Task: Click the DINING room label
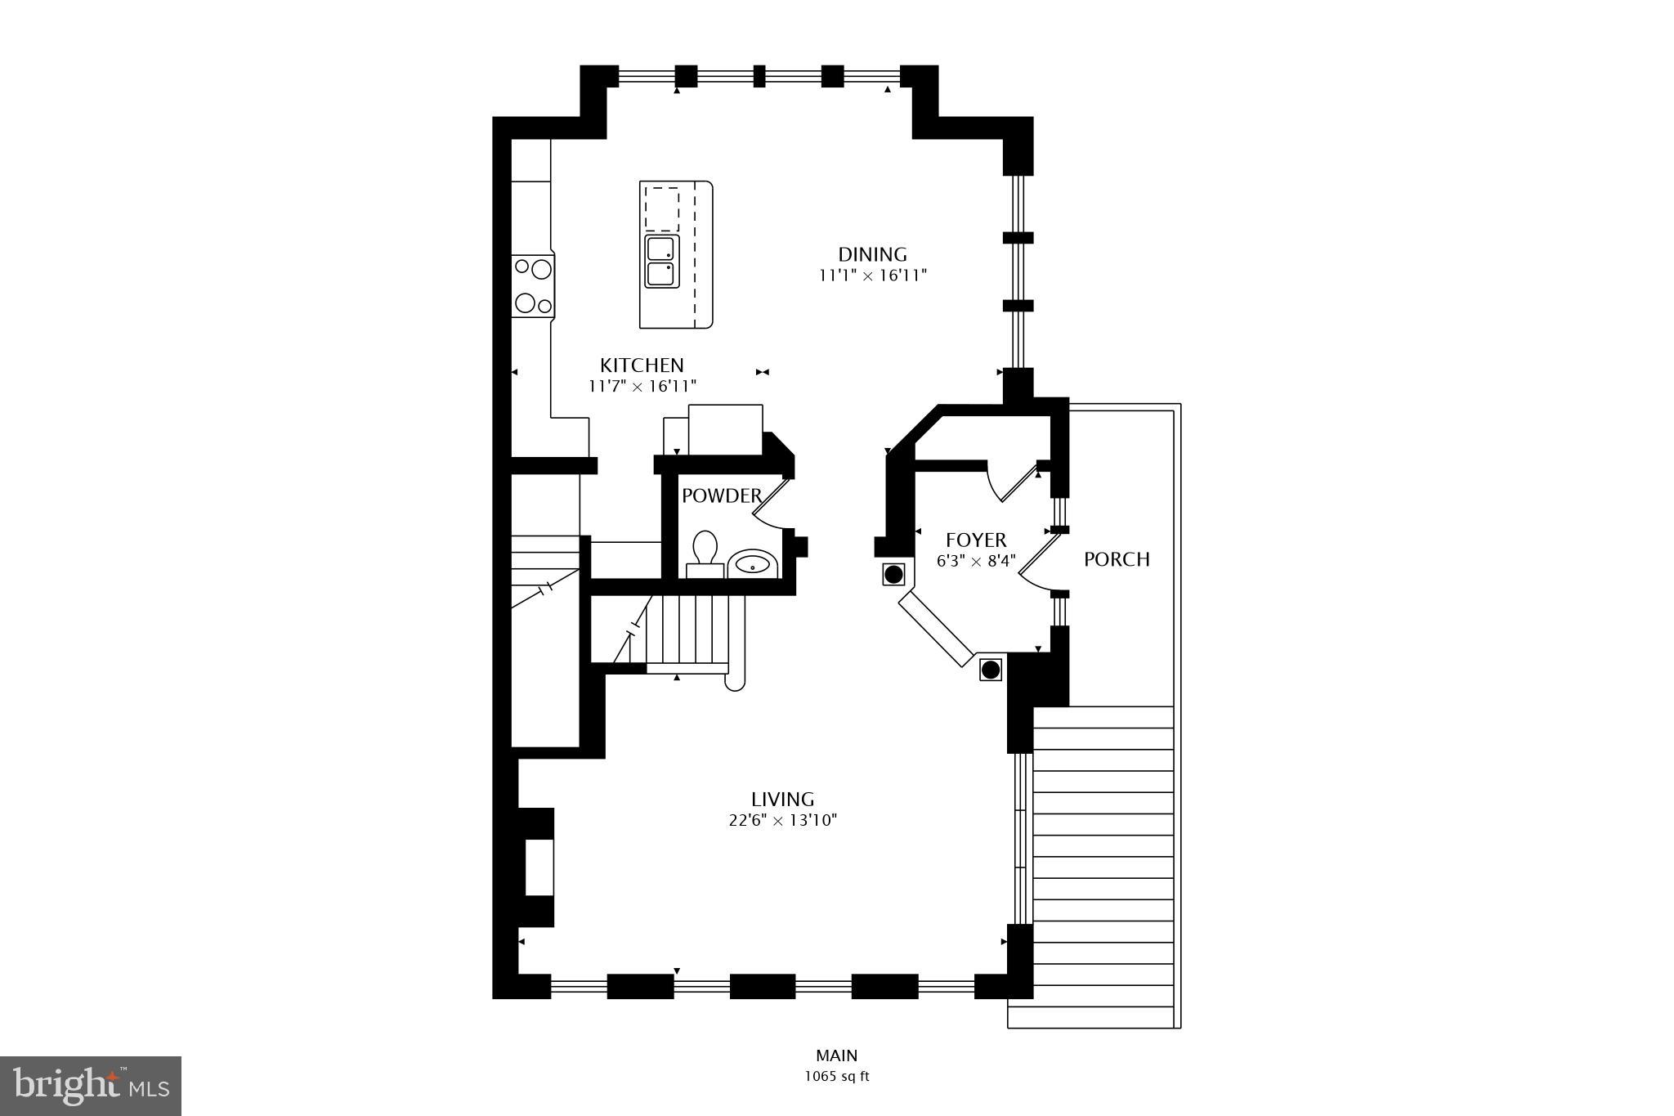pos(872,254)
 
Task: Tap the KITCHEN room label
pos(642,365)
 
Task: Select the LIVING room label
pos(782,799)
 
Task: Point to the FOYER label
pos(976,540)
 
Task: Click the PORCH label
pos(1117,559)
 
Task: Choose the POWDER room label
pos(721,495)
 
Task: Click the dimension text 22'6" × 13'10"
pos(782,820)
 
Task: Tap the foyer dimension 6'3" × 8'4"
pos(976,561)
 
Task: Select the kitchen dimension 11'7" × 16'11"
pos(642,386)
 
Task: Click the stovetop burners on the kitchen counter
pos(532,285)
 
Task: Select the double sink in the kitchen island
pos(662,261)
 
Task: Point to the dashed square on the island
pos(662,208)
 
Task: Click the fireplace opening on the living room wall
pos(539,867)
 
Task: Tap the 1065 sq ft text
pos(836,1077)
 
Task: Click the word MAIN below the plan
pos(836,1055)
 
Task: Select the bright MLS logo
pos(91,1085)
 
